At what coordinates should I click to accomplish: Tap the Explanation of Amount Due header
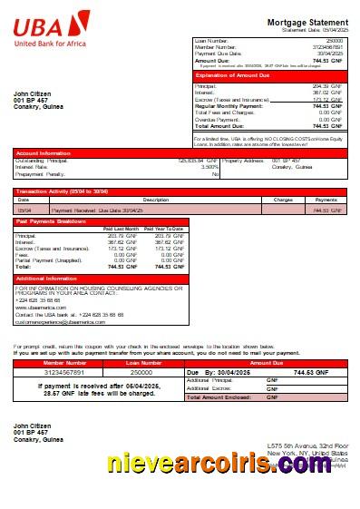point(238,75)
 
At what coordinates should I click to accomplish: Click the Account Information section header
point(44,153)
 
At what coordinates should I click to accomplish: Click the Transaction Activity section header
point(63,191)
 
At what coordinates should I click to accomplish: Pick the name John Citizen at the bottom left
point(34,425)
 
